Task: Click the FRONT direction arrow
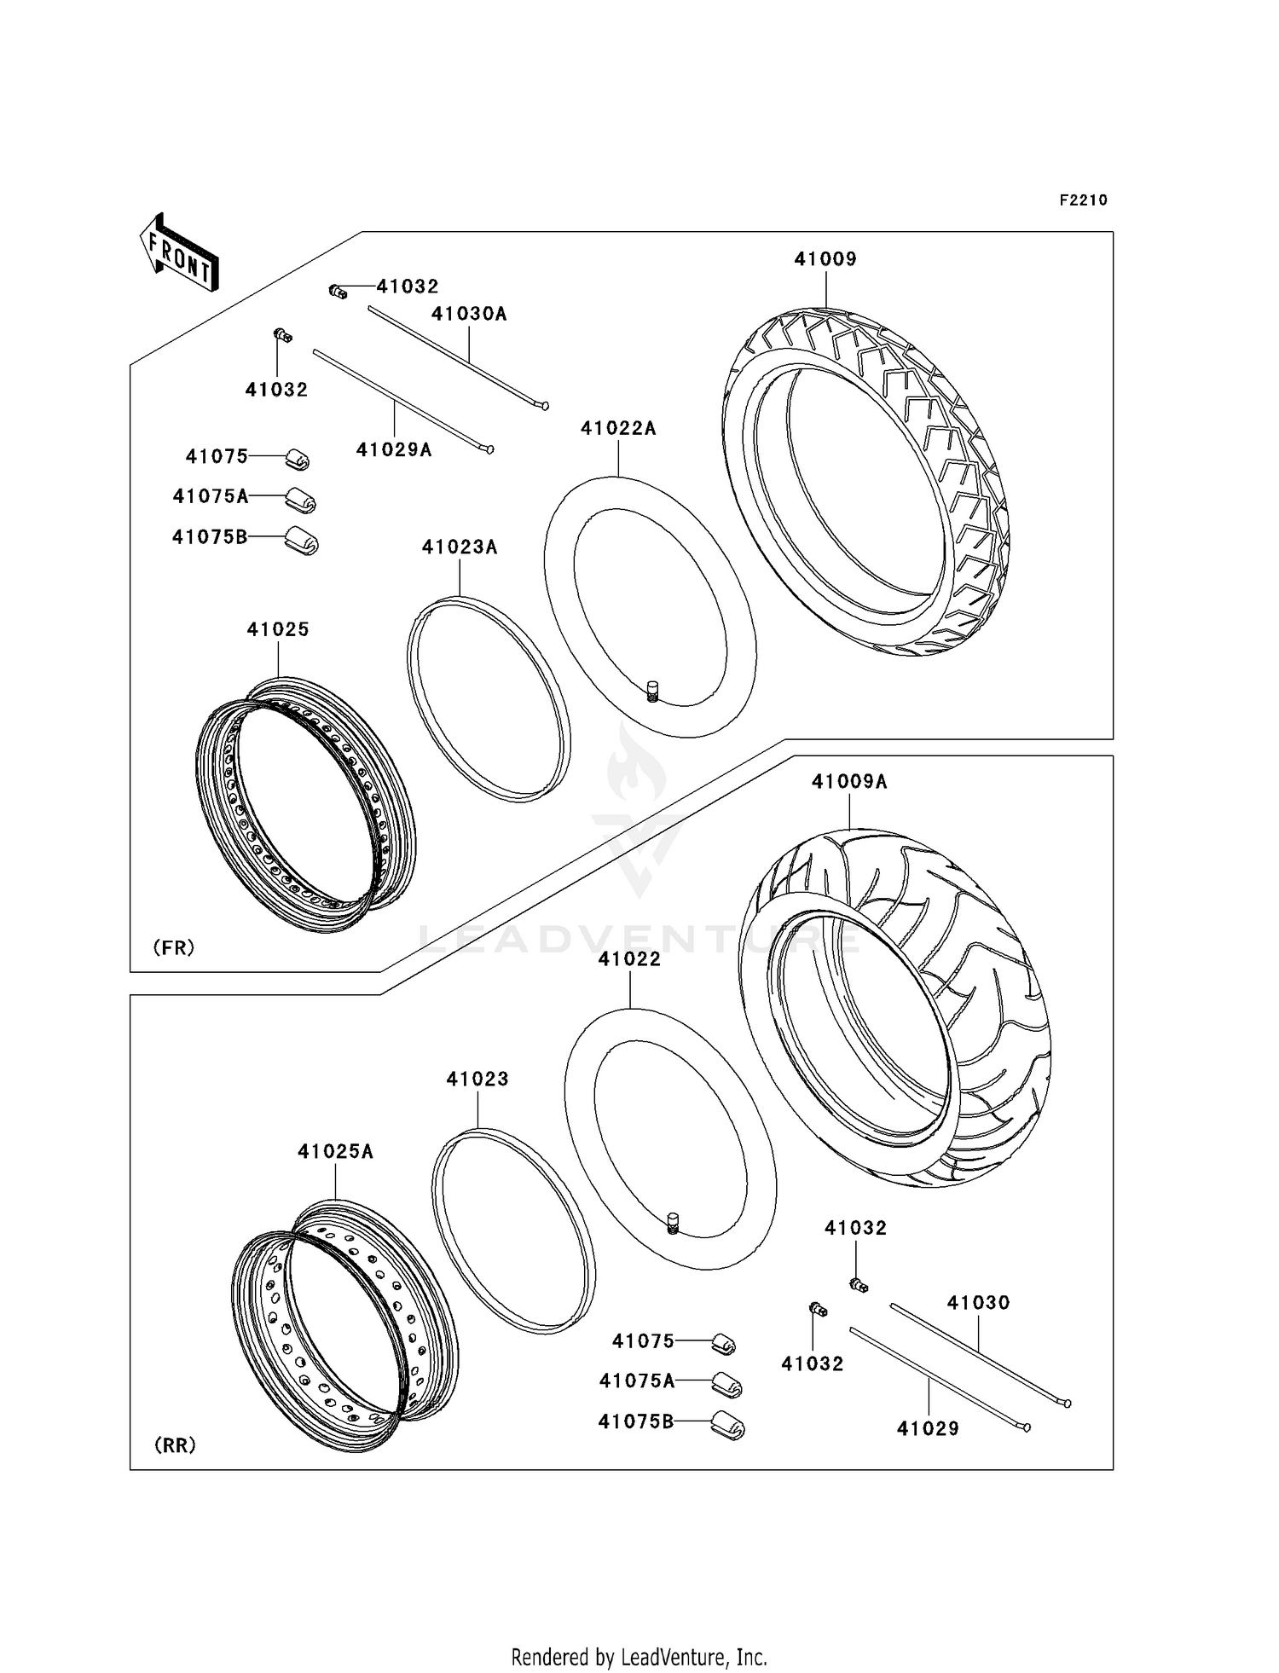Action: [180, 252]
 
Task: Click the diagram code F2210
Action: [1083, 200]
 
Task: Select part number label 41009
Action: [825, 259]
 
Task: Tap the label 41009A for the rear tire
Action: [848, 781]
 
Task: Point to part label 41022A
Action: [618, 429]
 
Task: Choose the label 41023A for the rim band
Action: [459, 547]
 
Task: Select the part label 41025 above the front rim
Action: [278, 629]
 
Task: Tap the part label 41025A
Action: [335, 1151]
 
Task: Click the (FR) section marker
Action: [174, 947]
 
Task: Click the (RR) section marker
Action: [175, 1444]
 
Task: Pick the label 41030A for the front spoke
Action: [469, 314]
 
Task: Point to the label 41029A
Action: [394, 449]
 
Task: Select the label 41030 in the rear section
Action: [978, 1302]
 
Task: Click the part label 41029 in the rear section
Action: [928, 1427]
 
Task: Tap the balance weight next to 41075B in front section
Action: [301, 539]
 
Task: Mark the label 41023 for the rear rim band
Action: [477, 1079]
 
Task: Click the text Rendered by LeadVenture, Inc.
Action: [639, 1658]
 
